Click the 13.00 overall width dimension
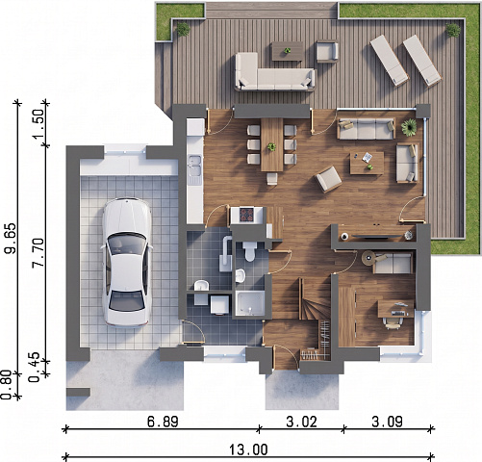coord(248,449)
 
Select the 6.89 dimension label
coord(163,422)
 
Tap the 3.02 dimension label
coord(301,422)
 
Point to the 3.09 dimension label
coord(387,422)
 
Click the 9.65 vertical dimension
coord(10,238)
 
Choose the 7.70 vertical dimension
coord(38,253)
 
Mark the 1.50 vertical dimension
coord(38,125)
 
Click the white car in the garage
coord(126,262)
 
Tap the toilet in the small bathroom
coord(249,251)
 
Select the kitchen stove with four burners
coord(246,215)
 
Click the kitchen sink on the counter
coord(194,166)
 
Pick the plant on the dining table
coord(271,147)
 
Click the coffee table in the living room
coord(367,163)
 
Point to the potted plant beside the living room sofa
coord(409,127)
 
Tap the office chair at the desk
coord(393,322)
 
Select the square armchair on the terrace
coord(327,51)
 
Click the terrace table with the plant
coord(288,51)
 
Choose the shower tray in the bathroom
coord(250,303)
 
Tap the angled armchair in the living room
coord(328,179)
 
